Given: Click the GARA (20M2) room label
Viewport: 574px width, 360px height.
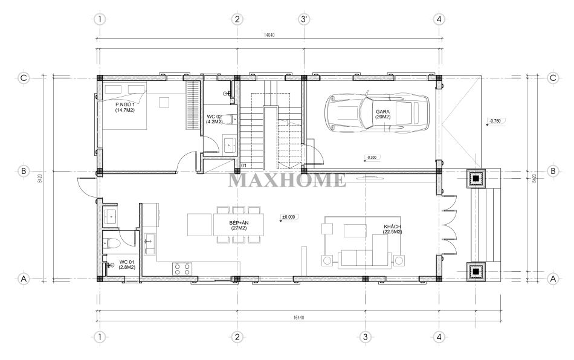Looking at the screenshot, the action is click(382, 114).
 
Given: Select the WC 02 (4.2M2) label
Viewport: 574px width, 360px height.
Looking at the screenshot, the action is click(214, 119).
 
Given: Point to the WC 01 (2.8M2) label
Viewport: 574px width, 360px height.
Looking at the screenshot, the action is click(127, 265).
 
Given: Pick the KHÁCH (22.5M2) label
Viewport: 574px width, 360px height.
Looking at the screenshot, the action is click(392, 230).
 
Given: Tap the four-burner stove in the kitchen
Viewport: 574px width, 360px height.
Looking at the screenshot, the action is click(182, 269).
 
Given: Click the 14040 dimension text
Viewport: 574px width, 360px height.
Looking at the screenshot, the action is click(269, 35).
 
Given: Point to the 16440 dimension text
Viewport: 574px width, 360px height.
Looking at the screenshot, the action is click(298, 318).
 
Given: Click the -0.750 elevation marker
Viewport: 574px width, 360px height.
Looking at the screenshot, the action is click(495, 120).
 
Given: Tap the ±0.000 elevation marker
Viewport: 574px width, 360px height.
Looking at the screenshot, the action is click(288, 217).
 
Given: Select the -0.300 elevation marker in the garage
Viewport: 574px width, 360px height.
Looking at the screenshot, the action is click(372, 158).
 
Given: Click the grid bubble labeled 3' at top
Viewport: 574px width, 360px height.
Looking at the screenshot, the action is click(303, 19).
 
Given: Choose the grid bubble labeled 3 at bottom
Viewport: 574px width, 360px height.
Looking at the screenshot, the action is click(365, 337).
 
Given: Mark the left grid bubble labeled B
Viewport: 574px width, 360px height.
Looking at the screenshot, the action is click(24, 171).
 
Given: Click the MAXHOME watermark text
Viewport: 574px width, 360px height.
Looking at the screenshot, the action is click(287, 179).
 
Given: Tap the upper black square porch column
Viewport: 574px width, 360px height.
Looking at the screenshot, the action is click(476, 179).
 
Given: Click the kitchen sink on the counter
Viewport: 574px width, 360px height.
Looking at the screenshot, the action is click(149, 245).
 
